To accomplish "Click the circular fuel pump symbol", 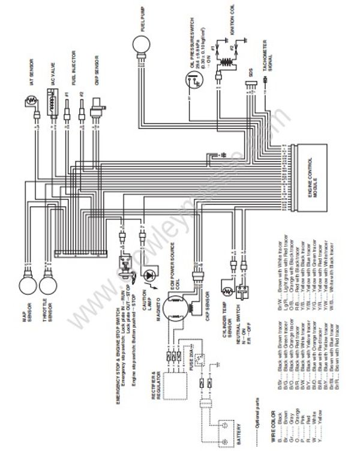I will coord(142,44).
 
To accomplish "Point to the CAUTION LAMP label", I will coord(146,301).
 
